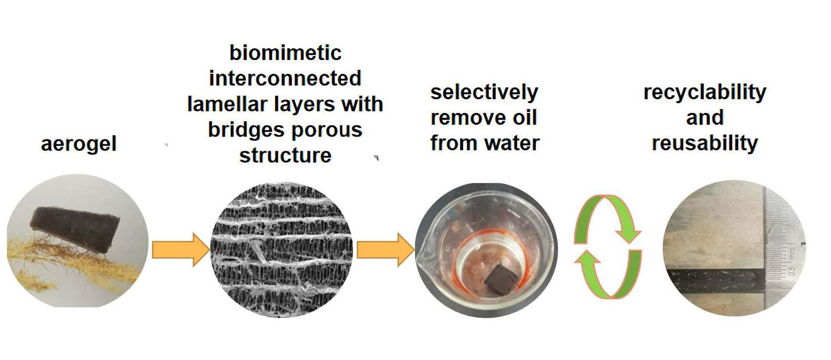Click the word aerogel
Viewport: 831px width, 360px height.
pyautogui.click(x=79, y=144)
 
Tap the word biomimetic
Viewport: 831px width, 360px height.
pyautogui.click(x=285, y=53)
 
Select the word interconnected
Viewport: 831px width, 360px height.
pyautogui.click(x=285, y=79)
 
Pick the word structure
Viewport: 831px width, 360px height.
pyautogui.click(x=285, y=155)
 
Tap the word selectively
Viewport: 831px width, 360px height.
pyautogui.click(x=484, y=92)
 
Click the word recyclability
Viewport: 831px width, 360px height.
pyautogui.click(x=705, y=92)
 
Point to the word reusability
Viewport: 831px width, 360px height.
pyautogui.click(x=705, y=143)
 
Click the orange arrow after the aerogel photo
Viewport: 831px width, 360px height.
pyautogui.click(x=180, y=250)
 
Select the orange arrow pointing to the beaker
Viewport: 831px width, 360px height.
pyautogui.click(x=385, y=250)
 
